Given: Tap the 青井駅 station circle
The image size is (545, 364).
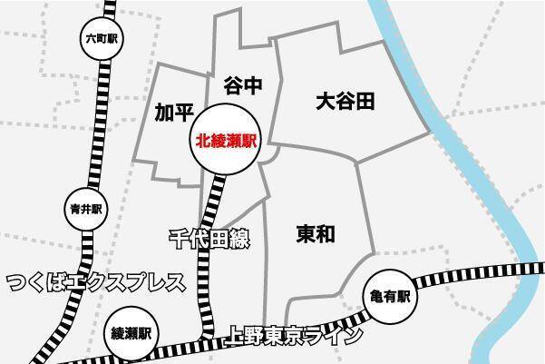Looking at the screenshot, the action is point(86,208).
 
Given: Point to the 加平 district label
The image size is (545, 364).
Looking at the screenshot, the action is point(175,113).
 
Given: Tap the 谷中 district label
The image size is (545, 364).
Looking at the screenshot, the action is point(242,87).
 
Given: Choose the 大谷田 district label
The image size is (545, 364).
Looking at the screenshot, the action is point(345,100).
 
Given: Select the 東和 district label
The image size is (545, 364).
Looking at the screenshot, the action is point(316,234).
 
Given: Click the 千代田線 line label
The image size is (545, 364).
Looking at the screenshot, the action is point(209,240).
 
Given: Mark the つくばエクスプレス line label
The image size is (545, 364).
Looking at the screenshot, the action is point(96,281).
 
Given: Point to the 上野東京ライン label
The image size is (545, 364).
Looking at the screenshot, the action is point(297,335).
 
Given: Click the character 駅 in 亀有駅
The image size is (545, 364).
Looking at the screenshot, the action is point(404,297).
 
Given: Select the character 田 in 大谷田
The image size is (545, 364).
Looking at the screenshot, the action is point(365,100).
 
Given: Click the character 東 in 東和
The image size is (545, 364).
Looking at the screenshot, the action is point(306,234).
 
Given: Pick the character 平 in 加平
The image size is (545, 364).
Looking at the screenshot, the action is point(185,113).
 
